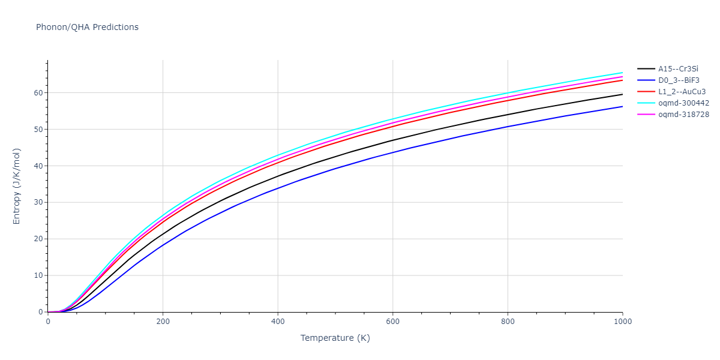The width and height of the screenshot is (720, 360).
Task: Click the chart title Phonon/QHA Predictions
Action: click(87, 27)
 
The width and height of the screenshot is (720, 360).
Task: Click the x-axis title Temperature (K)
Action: click(335, 338)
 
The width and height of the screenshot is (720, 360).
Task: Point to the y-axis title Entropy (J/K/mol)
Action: click(17, 186)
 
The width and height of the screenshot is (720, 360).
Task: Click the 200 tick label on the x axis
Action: click(163, 322)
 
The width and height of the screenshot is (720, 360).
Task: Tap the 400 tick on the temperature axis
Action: click(278, 322)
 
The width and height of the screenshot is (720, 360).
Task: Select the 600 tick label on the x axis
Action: click(392, 322)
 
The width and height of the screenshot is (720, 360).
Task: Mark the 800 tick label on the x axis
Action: click(508, 322)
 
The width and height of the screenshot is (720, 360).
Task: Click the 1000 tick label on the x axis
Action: click(622, 322)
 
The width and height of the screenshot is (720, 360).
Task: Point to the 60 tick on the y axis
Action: click(37, 93)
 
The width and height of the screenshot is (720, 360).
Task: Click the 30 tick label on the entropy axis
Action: click(37, 203)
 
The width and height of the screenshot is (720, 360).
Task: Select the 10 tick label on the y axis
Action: click(37, 276)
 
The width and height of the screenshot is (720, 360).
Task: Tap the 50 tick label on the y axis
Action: click(37, 130)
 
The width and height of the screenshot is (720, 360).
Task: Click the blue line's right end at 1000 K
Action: click(622, 107)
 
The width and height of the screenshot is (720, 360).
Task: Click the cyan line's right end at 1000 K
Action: click(622, 73)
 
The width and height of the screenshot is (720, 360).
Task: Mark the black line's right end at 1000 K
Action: click(622, 94)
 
